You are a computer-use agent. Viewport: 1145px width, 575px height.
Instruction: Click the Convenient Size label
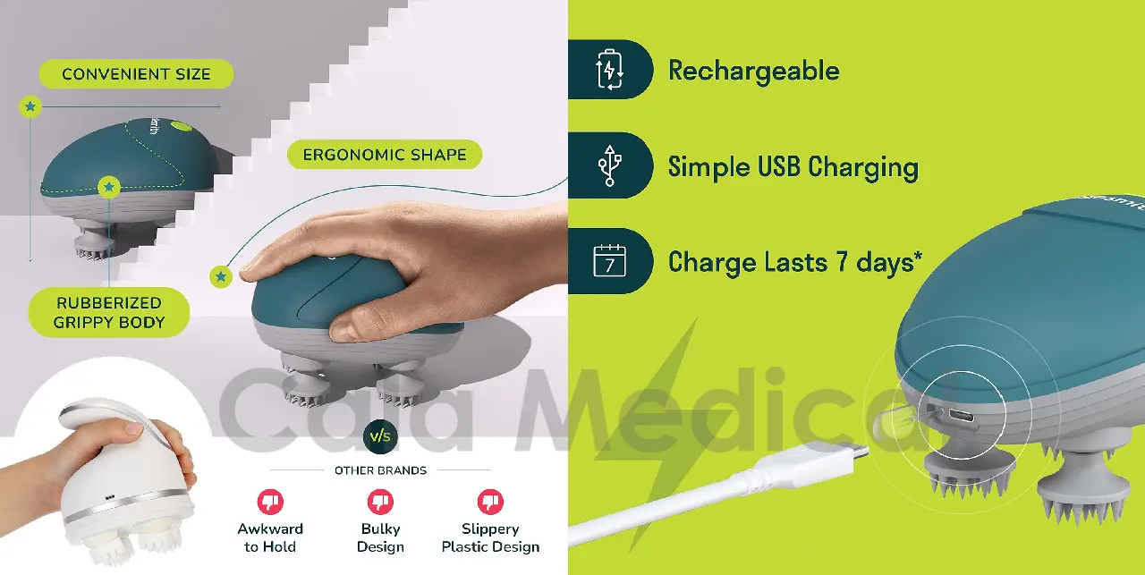click(137, 74)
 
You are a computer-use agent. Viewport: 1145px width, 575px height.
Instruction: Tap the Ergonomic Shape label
click(385, 155)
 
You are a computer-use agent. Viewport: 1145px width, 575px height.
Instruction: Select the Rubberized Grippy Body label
click(109, 312)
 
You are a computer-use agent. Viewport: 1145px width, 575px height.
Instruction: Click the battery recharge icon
click(609, 70)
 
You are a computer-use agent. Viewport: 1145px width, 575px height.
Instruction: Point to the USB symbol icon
click(609, 165)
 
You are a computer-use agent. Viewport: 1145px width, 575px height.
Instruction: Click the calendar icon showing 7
click(609, 260)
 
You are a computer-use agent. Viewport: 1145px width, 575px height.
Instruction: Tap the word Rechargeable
click(753, 72)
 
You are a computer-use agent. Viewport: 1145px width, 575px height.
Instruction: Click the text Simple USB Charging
click(793, 167)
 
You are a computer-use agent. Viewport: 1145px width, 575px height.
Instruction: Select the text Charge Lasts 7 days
click(795, 263)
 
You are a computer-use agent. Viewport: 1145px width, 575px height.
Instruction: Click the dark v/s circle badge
click(380, 436)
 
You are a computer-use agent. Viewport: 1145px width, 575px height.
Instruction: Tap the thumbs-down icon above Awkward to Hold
click(270, 502)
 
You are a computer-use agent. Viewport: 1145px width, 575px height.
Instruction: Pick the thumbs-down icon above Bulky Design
click(380, 502)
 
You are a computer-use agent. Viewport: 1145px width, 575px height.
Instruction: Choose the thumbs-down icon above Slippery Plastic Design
click(490, 502)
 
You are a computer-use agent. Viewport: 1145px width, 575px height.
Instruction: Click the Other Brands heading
click(380, 470)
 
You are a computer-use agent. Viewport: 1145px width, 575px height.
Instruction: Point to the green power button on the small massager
click(180, 125)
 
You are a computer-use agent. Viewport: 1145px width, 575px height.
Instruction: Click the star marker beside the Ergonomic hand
click(221, 277)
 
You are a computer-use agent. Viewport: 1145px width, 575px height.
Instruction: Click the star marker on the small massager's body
click(109, 188)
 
